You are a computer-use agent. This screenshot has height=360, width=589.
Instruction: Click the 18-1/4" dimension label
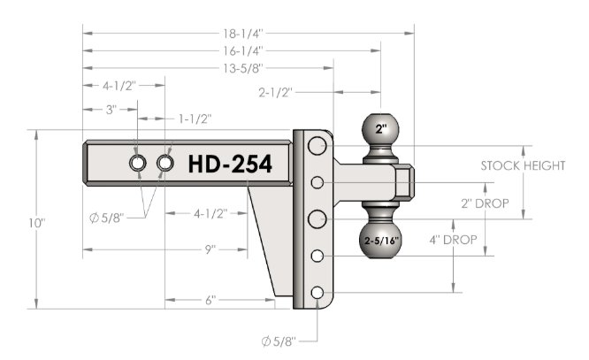[x=243, y=34]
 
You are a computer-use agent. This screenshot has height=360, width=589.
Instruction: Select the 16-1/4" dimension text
[x=243, y=50]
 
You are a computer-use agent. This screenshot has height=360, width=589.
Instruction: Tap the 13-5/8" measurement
[x=243, y=68]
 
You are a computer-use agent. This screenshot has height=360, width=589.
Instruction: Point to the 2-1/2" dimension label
[x=275, y=92]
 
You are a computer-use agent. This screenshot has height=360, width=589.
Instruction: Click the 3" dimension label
[x=111, y=110]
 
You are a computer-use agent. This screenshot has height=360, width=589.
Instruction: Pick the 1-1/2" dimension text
[x=195, y=119]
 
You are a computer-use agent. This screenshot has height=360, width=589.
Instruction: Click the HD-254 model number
[x=230, y=165]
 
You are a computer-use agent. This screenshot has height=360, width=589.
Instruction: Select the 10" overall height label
[x=37, y=223]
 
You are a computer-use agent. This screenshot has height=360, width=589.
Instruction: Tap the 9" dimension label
[x=210, y=249]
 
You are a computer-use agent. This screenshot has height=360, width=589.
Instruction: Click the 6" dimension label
[x=210, y=300]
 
